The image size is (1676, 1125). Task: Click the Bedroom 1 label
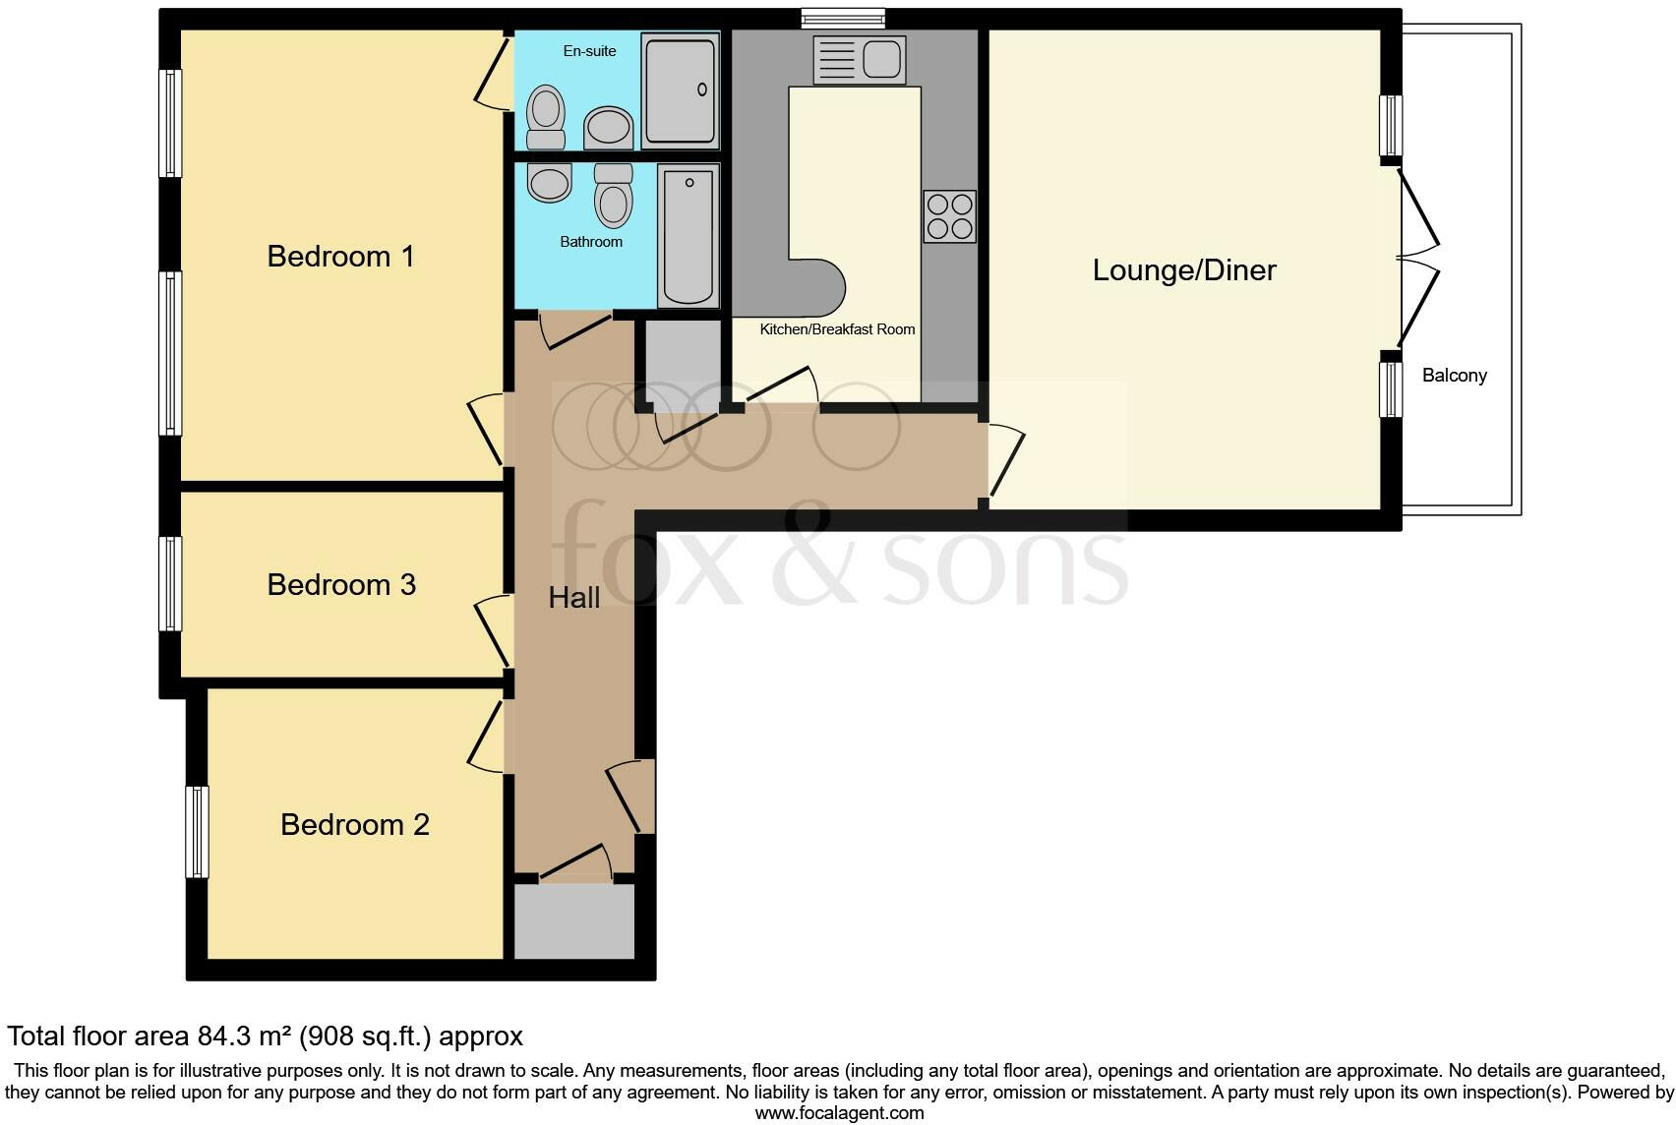pos(340,257)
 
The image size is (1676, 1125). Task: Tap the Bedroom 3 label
pos(341,585)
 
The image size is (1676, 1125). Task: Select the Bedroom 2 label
pos(354,824)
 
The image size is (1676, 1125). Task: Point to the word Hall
pos(573,598)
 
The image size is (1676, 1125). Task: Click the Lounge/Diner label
pos(1183,270)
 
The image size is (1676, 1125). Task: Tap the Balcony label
pos(1454,376)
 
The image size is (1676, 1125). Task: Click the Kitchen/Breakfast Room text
pos(837,329)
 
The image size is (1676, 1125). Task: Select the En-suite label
pos(589,51)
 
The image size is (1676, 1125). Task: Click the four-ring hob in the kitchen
pos(949,216)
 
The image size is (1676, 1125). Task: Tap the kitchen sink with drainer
pos(858,59)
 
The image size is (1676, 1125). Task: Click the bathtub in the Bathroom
pos(688,236)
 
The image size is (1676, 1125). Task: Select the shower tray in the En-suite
pos(680,89)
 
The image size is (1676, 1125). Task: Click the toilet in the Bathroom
pos(614,197)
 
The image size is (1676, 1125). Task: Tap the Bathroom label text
pos(591,242)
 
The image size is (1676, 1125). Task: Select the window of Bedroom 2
pos(198,831)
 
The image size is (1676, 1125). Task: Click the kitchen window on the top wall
pos(843,18)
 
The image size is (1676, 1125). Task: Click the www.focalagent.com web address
pos(839,1113)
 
